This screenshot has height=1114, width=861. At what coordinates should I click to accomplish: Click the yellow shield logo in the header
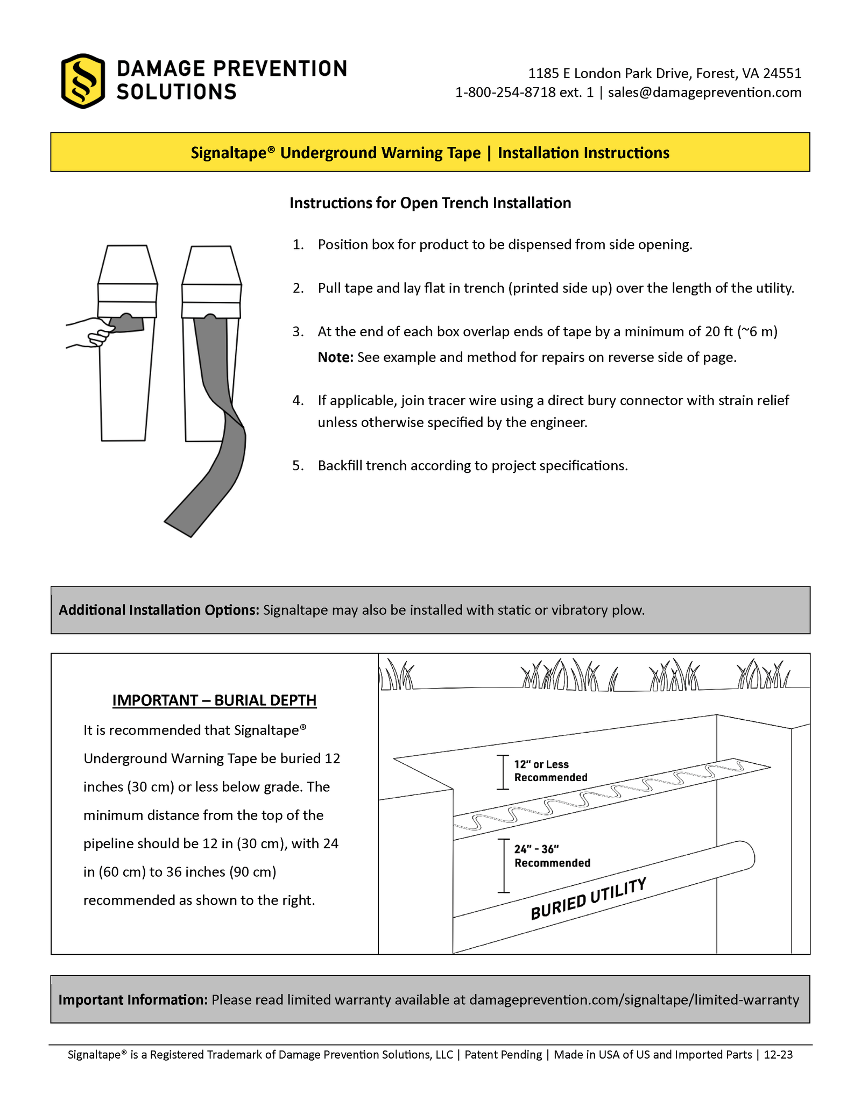(82, 81)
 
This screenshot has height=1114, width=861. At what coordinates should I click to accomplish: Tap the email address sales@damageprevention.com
(704, 93)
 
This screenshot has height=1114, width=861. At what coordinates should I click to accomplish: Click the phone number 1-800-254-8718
(505, 93)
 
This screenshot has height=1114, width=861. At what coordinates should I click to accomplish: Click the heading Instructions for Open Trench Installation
(430, 203)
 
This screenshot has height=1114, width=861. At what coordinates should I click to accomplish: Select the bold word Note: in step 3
(335, 357)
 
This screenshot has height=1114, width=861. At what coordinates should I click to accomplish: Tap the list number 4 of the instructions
(298, 401)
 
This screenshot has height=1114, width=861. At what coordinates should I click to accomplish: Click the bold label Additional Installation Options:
(159, 610)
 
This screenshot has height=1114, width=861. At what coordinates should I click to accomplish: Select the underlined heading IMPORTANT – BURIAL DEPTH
(214, 700)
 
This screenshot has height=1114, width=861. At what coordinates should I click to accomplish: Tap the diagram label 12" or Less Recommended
(550, 771)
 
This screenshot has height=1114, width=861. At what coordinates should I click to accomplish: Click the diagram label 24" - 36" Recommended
(552, 856)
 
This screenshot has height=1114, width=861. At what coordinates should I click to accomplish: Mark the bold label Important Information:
(133, 999)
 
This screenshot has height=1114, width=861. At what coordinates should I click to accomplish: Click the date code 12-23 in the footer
(778, 1054)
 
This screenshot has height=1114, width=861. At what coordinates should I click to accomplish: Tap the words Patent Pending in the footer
(503, 1054)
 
